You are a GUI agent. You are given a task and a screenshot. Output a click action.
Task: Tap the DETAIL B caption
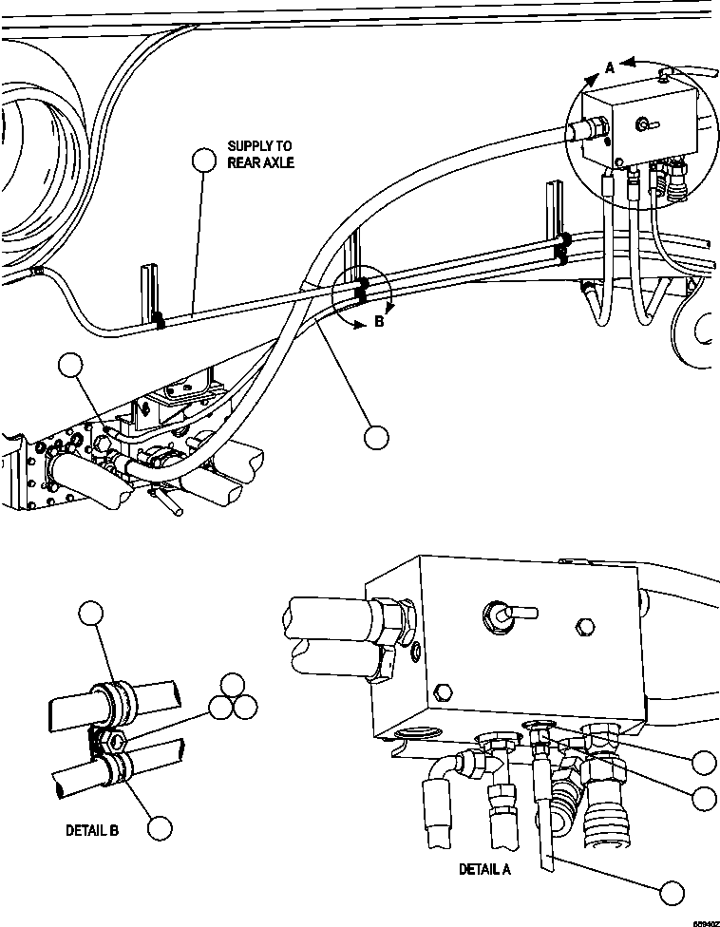click(x=92, y=829)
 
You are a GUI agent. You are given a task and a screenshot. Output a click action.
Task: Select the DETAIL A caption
click(x=484, y=869)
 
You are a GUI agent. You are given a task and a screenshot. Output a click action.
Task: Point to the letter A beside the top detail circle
click(x=611, y=66)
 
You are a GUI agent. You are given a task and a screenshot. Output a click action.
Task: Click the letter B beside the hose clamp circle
click(x=377, y=321)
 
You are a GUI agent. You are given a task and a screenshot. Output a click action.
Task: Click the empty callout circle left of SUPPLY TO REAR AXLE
click(x=203, y=161)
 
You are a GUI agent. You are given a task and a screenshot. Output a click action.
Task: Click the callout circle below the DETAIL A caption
click(x=672, y=892)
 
